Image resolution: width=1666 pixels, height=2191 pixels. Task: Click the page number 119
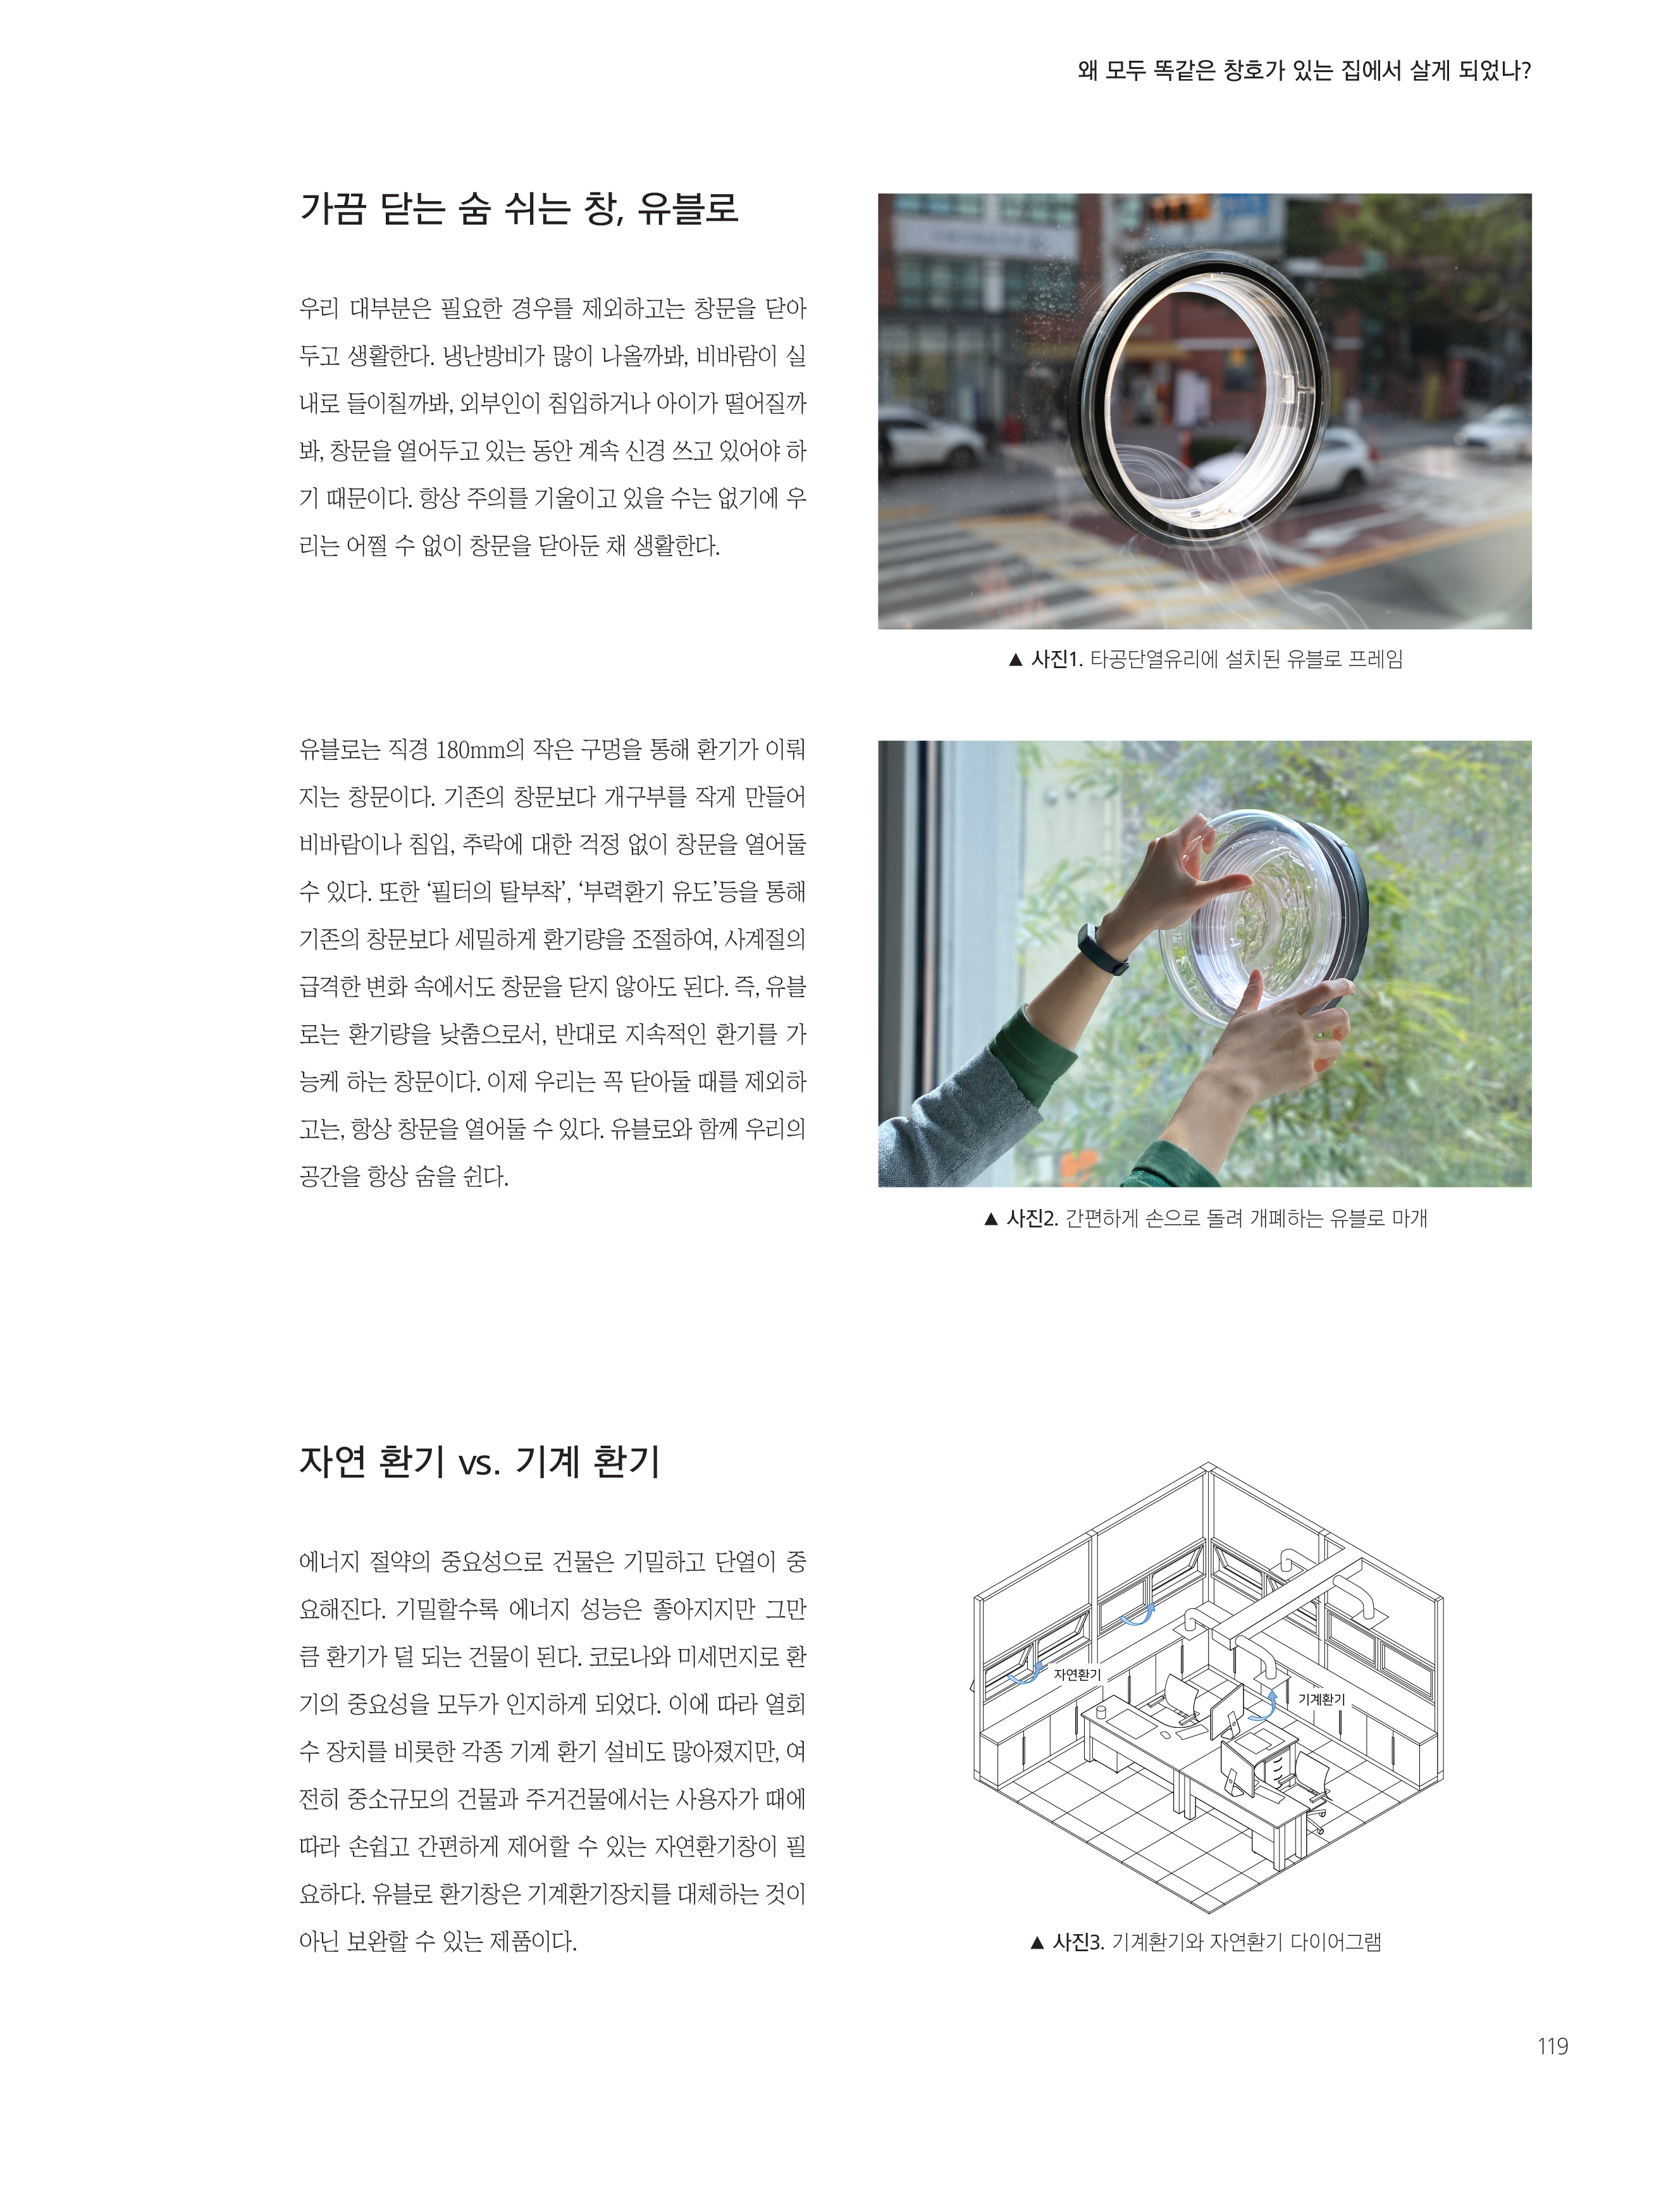tap(1552, 2045)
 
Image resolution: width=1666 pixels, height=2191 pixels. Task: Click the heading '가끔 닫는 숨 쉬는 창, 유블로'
tap(519, 209)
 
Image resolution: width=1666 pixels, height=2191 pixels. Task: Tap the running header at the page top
tap(1304, 70)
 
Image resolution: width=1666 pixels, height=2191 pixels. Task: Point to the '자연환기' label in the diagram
tap(1077, 1674)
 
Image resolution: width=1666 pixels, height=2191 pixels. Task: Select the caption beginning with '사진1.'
tap(1205, 660)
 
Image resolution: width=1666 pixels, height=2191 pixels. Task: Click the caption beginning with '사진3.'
tap(1205, 1942)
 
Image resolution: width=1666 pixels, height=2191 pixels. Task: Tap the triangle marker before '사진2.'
tap(990, 1219)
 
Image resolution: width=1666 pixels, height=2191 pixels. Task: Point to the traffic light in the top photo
tap(1178, 208)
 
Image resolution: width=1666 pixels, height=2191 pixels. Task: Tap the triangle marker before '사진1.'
tap(1015, 661)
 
